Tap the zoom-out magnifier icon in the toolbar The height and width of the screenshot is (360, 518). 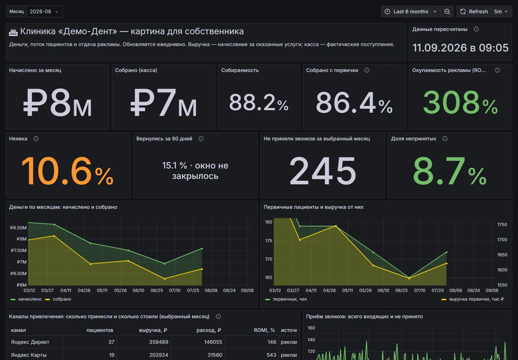click(447, 12)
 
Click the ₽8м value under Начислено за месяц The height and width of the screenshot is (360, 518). click(58, 103)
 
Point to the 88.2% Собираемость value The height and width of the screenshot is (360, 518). click(259, 103)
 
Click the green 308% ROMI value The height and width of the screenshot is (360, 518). click(460, 102)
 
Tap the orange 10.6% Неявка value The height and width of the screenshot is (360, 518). click(67, 171)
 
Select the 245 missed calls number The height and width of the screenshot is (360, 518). click(323, 171)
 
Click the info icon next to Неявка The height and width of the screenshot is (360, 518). click(36, 139)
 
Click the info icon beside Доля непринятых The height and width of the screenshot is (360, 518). click(445, 139)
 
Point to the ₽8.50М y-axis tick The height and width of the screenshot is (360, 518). click(18, 228)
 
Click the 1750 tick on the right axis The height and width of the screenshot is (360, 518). click(502, 224)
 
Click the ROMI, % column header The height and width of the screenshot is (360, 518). click(264, 330)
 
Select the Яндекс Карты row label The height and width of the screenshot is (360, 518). click(29, 355)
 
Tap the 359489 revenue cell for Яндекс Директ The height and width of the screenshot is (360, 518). click(159, 342)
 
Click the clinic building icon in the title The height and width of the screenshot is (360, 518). click(13, 32)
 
